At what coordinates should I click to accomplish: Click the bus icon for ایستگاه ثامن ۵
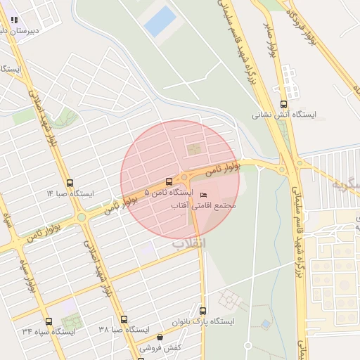(168, 181)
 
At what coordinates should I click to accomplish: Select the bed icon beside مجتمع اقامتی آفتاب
(204, 195)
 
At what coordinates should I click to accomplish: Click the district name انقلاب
(189, 243)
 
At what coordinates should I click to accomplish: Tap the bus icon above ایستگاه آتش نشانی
(283, 104)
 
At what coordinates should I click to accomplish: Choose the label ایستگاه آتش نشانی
(285, 115)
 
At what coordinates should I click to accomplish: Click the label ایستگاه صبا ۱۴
(70, 193)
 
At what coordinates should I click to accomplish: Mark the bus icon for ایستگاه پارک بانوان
(202, 311)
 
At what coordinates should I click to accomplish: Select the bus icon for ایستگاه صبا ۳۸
(124, 319)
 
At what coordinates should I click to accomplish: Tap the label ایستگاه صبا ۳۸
(124, 330)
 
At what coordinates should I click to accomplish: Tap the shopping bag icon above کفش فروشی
(160, 337)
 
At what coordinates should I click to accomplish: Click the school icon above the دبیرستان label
(15, 20)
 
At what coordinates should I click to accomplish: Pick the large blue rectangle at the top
(160, 21)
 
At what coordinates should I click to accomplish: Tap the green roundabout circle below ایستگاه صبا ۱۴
(82, 217)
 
